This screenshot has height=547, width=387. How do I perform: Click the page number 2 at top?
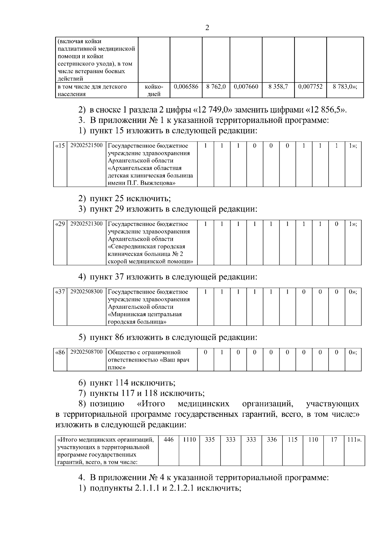pos(207,28)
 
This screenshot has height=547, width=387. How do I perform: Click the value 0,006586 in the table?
pos(186,87)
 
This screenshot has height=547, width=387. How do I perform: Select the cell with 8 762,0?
pos(216,87)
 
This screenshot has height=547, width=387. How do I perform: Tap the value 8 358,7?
pos(278,87)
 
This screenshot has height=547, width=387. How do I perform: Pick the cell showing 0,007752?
pos(310,87)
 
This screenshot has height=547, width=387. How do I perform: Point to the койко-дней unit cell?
pos(154,90)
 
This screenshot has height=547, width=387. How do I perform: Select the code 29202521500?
pos(86,145)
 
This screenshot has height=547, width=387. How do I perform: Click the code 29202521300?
pos(86,224)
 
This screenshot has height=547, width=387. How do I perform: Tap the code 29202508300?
pos(86,291)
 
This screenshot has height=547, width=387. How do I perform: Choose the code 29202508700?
pos(86,352)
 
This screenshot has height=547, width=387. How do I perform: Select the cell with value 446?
pos(169,439)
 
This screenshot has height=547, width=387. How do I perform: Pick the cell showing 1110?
pos(189,439)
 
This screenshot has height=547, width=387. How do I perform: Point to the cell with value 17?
pos(334,439)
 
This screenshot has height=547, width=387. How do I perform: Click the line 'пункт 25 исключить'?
pos(130,198)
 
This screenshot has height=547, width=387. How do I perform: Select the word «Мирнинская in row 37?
pos(125,314)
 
